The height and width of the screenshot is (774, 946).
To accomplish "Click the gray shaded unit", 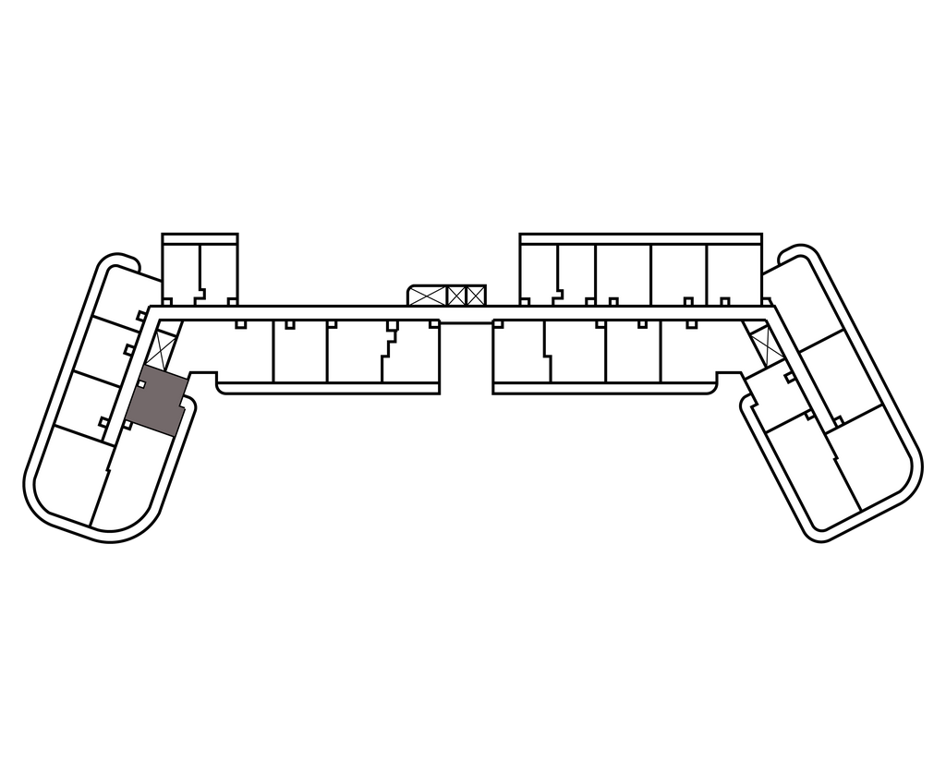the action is tap(154, 403).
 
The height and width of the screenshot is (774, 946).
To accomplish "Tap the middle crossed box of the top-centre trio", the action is tap(455, 296).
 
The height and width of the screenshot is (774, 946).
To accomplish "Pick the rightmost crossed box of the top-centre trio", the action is tap(476, 296).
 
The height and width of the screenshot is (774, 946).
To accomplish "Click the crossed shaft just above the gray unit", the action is tap(164, 347).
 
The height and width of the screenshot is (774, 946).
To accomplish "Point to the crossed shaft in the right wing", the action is tap(766, 346).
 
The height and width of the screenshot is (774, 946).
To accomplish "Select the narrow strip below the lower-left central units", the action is tap(328, 387).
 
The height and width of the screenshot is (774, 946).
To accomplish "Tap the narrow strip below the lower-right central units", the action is tap(605, 387).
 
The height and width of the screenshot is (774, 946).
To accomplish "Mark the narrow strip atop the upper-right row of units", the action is tap(637, 240).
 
